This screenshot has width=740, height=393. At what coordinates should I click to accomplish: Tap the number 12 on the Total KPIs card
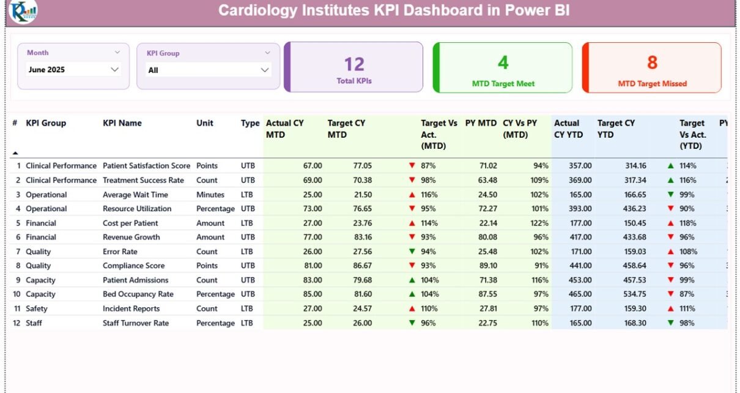coord(354,64)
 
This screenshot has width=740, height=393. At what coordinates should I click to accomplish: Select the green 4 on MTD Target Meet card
coord(503,62)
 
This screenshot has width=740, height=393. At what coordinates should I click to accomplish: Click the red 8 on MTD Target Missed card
coord(652,62)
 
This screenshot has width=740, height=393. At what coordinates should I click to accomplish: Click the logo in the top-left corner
coord(23,11)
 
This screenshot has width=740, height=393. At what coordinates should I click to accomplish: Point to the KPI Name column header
coord(122,123)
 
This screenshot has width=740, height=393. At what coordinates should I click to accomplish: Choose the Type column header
coord(250,123)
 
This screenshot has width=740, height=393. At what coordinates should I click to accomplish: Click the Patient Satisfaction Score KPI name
coord(146,166)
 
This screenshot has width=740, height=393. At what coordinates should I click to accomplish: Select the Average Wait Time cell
coord(135,195)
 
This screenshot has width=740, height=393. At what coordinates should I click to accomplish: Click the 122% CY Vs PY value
coord(540,223)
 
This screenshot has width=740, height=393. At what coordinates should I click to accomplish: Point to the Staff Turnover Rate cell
coord(136,323)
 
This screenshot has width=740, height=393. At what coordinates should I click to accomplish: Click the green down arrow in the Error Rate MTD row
coord(412,252)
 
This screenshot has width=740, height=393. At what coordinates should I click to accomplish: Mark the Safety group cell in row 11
coord(37,309)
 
